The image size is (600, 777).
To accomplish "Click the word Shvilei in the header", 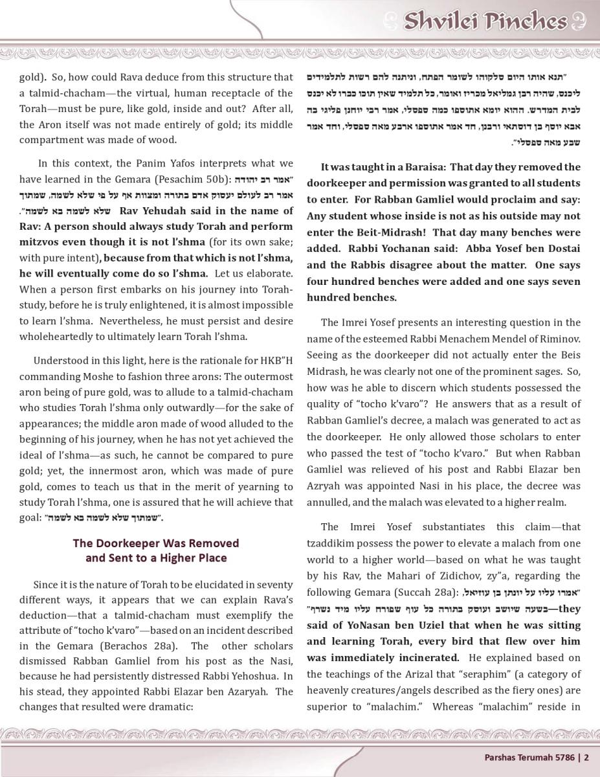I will [441, 21].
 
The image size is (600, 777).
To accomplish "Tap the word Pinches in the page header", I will [524, 21].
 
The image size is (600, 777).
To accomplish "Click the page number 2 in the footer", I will [586, 756].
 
